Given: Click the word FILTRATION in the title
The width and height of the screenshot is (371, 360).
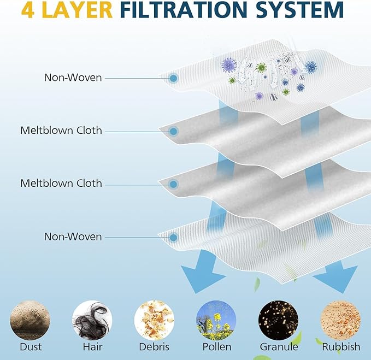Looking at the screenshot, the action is tap(184, 10).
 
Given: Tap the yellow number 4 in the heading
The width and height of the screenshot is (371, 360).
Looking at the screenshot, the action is tap(27, 10).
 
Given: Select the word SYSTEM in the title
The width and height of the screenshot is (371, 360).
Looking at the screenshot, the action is tap(300, 10).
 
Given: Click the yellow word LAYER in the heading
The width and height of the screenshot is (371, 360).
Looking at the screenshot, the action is tap(78, 10).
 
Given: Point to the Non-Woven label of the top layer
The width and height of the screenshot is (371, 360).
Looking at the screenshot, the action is tap(73, 78).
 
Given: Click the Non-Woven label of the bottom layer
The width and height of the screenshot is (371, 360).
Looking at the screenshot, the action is tap(73, 237).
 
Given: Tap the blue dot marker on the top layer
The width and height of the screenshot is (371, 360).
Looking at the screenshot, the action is tap(174, 78).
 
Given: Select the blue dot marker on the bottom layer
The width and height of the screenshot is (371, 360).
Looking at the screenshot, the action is tap(174, 237).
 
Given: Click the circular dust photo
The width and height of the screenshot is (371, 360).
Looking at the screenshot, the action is tap(30, 320).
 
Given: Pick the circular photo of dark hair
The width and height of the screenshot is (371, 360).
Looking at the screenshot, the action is tap(92, 320).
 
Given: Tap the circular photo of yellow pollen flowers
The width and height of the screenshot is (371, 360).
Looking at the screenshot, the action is tap(216, 320).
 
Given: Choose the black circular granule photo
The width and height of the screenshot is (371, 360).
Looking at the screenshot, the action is tap(278, 320).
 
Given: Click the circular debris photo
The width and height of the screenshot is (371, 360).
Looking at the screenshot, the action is tap(154, 320).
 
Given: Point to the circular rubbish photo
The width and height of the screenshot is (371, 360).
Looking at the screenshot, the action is tap(340, 320).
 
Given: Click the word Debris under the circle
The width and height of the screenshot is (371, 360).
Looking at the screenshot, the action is tap(154, 347).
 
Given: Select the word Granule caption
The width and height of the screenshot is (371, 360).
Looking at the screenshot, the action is tap(279, 347).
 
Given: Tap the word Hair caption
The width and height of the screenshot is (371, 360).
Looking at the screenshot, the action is tap(92, 347).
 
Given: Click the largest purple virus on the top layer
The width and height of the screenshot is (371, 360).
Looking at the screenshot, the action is tap(229, 65).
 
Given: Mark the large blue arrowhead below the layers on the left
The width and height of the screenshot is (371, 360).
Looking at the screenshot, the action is tap(202, 277).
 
